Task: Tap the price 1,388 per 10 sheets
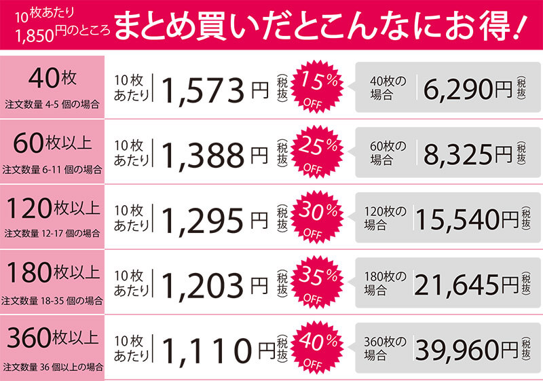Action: tap(203, 154)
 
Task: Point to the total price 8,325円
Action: tap(468, 154)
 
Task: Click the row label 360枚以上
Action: tap(52, 337)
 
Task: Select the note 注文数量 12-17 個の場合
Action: tap(52, 233)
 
